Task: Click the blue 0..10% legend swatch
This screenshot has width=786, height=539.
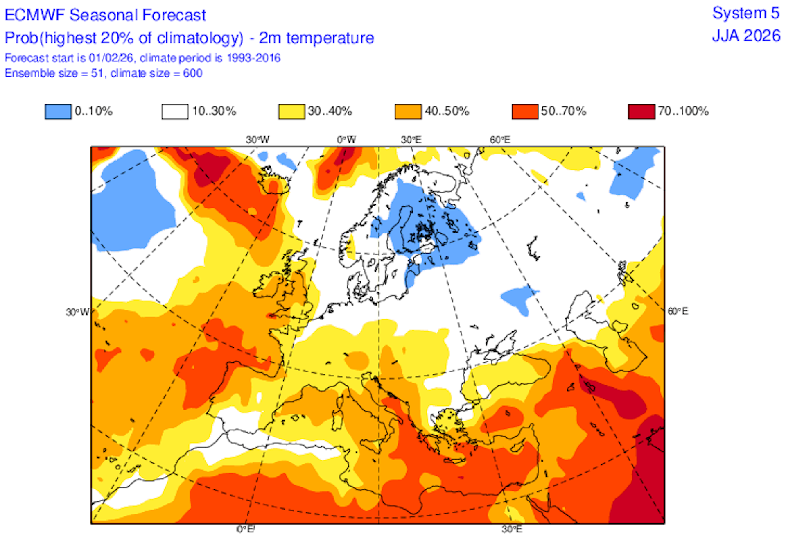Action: click(58, 111)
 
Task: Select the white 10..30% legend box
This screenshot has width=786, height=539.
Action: click(175, 111)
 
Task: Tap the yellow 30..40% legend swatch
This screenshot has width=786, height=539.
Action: click(291, 111)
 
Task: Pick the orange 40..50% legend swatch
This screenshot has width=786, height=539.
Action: click(408, 111)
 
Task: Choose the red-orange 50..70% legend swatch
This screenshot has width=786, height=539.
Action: click(525, 111)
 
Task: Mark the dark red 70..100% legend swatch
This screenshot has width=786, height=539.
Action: click(641, 111)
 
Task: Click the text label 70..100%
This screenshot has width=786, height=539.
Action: click(683, 111)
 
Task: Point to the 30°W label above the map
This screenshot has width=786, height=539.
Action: click(257, 140)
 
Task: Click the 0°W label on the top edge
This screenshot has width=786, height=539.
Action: click(346, 140)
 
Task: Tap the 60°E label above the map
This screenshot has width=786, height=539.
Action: click(500, 140)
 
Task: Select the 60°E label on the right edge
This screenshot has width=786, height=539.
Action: click(678, 311)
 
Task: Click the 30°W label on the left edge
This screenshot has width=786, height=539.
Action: click(77, 312)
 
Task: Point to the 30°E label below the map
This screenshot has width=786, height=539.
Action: click(512, 529)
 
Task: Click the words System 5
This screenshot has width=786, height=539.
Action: click(746, 13)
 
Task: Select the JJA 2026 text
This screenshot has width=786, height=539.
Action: click(746, 36)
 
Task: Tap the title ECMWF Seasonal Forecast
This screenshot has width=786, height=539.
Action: click(105, 15)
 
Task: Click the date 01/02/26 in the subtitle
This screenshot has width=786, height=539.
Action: click(111, 58)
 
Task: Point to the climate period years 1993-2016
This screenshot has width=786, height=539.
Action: click(254, 58)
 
